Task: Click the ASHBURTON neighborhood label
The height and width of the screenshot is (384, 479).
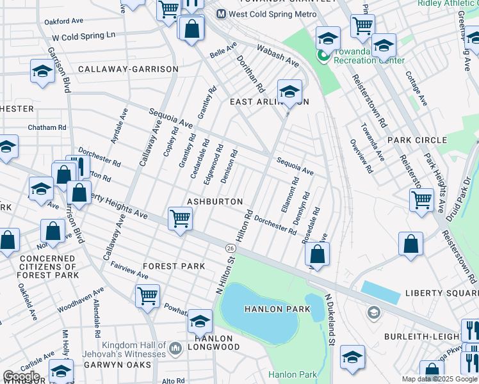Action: [x=215, y=202]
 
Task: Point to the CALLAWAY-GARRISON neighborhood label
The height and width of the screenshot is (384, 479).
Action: [x=128, y=69]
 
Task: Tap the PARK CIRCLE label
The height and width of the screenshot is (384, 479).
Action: [x=417, y=140]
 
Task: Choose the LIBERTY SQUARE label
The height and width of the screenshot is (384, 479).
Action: [x=441, y=293]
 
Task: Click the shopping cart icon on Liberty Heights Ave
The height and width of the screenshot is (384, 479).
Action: [x=181, y=219]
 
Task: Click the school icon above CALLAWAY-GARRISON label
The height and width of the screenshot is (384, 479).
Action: [x=42, y=72]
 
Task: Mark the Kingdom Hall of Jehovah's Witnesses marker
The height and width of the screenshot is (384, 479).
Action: [x=175, y=348]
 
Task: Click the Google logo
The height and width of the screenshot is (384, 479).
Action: [x=21, y=376]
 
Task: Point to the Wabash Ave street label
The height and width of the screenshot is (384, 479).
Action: [x=278, y=56]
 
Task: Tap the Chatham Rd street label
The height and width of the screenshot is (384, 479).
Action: [x=47, y=127]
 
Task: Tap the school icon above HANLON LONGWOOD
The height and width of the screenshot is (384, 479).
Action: [x=200, y=321]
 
